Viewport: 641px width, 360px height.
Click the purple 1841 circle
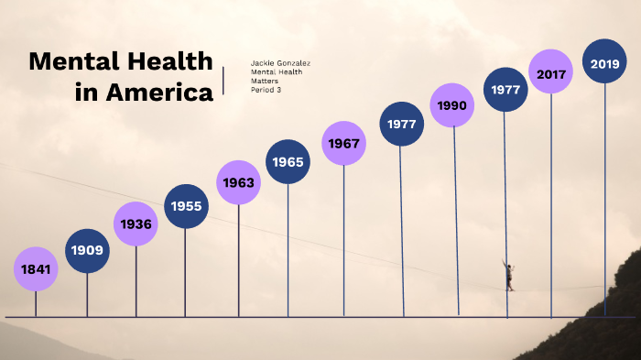(36, 269)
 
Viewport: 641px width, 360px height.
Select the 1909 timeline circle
(87, 250)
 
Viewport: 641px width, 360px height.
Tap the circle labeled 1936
(136, 224)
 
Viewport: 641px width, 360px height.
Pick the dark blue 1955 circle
(186, 206)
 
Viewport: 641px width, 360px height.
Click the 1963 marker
(238, 182)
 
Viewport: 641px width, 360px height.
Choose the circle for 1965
(288, 161)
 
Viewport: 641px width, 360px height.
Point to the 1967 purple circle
(343, 143)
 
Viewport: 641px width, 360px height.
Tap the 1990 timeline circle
(452, 105)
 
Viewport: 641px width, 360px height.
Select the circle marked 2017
(551, 74)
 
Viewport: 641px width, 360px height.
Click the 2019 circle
(604, 63)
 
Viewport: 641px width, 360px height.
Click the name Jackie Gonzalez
(280, 63)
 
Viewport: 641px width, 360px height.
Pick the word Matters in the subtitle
(265, 82)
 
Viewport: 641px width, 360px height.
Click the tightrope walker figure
(508, 274)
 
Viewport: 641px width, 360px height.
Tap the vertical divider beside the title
(224, 79)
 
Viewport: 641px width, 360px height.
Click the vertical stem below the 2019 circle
(604, 202)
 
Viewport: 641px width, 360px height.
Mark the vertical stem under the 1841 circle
(36, 304)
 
